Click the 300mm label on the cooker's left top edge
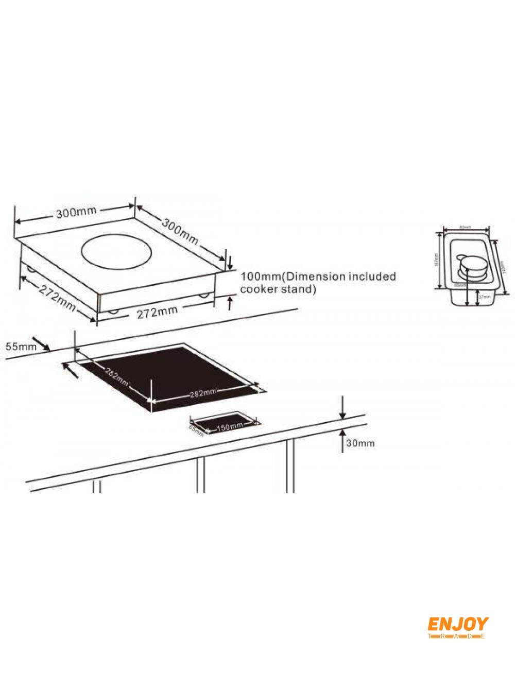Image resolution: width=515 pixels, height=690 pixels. coord(72,212)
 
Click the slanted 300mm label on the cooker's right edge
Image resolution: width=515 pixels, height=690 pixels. coord(180,231)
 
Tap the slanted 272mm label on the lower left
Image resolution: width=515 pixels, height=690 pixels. coord(57,298)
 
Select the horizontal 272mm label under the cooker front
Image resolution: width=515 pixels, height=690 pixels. coord(157,312)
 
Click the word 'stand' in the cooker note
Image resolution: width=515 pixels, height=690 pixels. coord(298,289)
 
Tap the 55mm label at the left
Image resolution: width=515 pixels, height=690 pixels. coord(21,347)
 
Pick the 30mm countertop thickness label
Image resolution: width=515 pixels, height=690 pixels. coord(360,443)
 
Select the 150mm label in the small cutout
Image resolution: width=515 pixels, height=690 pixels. coord(229,426)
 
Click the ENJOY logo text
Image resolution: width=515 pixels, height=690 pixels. coord(457,624)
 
